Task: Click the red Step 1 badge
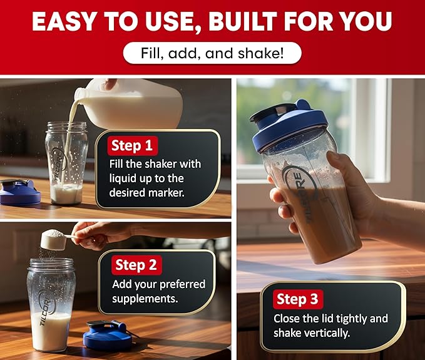point(133,146)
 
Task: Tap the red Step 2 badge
point(136,265)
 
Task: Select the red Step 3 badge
point(298,299)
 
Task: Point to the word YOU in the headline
point(366,21)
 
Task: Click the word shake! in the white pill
point(261,53)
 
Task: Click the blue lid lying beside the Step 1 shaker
point(19,192)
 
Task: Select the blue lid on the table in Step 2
point(108,336)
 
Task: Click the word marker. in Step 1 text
point(166,193)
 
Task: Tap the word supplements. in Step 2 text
point(145,299)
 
